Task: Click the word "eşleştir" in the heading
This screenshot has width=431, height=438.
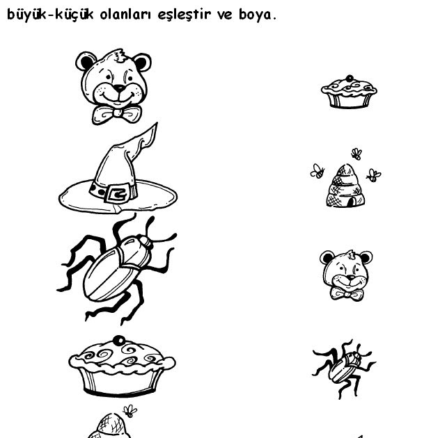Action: coord(184,15)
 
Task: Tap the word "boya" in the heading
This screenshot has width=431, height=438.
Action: coord(255,15)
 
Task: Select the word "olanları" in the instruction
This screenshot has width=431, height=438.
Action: coord(125,15)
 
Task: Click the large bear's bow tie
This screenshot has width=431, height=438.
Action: coord(117,114)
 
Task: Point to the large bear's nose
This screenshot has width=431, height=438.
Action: coord(120,88)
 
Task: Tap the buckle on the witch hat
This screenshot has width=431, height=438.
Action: coord(118,193)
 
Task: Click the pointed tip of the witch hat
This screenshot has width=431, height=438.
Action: coord(156,124)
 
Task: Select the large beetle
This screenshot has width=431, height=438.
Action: coord(116,269)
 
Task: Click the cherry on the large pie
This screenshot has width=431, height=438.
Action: coord(119,340)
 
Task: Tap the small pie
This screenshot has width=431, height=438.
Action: coord(349,92)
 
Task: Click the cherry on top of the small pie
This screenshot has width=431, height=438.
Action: coord(349,78)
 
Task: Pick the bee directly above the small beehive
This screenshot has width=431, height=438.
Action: coord(356,154)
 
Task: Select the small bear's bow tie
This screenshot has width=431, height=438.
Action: coord(347,294)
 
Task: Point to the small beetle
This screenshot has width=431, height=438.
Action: coord(344,368)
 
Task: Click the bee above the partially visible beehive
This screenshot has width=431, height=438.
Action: coord(130,411)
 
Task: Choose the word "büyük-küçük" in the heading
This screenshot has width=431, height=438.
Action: coord(50,15)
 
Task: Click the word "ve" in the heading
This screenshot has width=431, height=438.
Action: coord(225,15)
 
